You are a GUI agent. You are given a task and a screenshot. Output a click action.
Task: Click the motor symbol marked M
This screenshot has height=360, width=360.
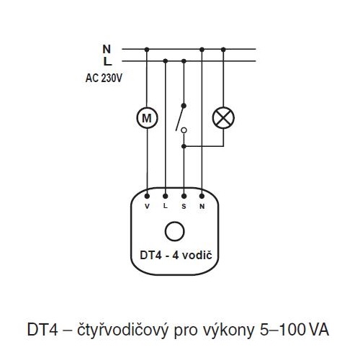[x=147, y=118]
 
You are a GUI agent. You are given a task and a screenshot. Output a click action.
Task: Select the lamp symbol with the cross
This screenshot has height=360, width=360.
[x=223, y=117]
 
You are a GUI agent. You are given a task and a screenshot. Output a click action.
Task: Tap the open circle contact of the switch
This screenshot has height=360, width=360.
[x=184, y=130]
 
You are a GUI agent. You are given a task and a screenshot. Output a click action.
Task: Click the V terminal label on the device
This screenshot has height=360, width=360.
[x=147, y=207]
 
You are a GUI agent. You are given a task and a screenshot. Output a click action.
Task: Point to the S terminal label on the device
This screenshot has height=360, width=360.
[x=184, y=207]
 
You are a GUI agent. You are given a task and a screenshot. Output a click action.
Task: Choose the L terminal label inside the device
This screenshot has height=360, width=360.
[x=166, y=206]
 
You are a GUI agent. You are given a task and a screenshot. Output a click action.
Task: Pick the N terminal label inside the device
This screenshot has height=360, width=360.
[x=202, y=207]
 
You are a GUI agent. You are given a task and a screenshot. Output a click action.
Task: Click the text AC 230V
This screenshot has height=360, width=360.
[x=104, y=78]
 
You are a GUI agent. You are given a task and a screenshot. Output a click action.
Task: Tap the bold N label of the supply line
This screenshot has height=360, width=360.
[x=107, y=49]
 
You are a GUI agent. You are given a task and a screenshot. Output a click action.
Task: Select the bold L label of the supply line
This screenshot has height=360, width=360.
[x=108, y=61]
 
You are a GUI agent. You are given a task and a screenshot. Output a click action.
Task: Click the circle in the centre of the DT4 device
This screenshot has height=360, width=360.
[x=175, y=231]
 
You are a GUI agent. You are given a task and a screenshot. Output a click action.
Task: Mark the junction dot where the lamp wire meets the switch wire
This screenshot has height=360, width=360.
[x=184, y=146]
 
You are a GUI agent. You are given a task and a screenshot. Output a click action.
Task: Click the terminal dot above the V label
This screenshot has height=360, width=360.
[x=147, y=197]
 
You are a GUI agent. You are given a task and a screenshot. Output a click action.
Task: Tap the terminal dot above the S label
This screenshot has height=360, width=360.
[x=184, y=197]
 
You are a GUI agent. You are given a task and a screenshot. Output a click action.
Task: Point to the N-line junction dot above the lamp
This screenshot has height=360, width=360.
[x=223, y=50]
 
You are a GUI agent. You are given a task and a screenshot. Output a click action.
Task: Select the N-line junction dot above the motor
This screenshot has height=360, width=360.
[x=147, y=50]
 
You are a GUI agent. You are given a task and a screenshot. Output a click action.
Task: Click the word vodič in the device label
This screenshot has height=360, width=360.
[x=197, y=256]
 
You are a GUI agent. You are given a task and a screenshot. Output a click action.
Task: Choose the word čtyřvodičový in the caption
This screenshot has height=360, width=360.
[x=122, y=330]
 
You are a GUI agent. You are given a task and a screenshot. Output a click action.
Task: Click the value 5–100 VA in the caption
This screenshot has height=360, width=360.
[x=294, y=330]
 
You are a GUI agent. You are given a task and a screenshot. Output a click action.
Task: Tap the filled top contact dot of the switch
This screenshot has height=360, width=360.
[x=184, y=106]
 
